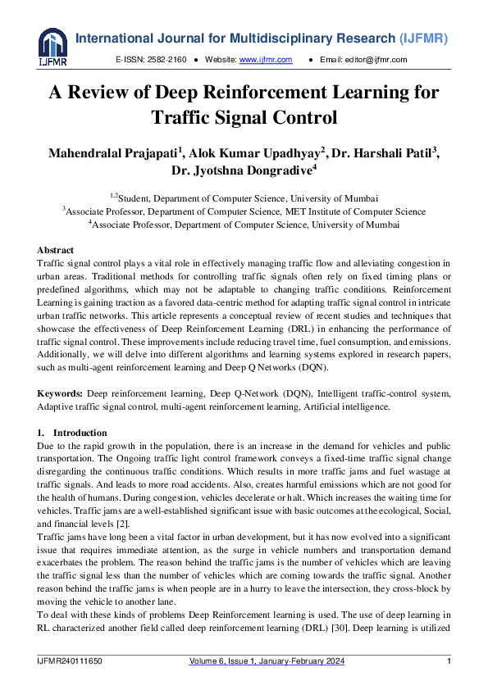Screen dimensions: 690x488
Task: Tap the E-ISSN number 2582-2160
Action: coord(166,60)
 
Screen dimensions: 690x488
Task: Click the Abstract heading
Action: coord(55,250)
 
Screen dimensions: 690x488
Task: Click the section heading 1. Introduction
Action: coord(72,433)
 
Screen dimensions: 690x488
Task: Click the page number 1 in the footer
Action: coord(449,661)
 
